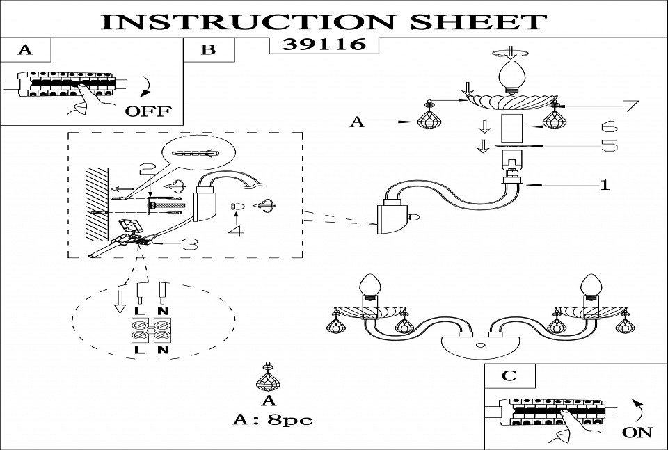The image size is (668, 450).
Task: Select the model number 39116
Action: click(x=324, y=45)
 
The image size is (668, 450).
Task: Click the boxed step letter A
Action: click(x=26, y=49)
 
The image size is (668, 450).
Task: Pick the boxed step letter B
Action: click(x=208, y=49)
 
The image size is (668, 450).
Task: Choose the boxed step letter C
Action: click(x=510, y=376)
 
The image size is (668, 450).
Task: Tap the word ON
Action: click(x=637, y=432)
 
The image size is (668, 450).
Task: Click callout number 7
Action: click(x=630, y=106)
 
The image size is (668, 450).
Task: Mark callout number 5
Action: click(x=609, y=146)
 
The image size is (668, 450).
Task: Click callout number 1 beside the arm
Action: click(x=605, y=185)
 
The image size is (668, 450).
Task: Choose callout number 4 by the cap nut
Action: click(x=238, y=230)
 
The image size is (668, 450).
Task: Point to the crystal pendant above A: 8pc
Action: click(x=268, y=380)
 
